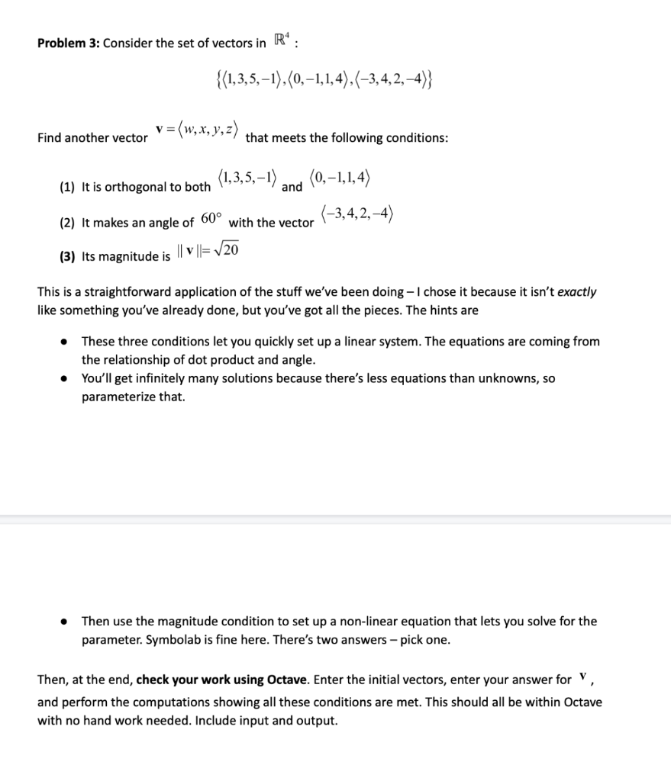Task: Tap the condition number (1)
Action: [x=68, y=188]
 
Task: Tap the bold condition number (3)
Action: [x=68, y=257]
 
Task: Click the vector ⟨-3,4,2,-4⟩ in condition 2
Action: [x=357, y=214]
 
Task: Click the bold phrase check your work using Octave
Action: [x=222, y=680]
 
